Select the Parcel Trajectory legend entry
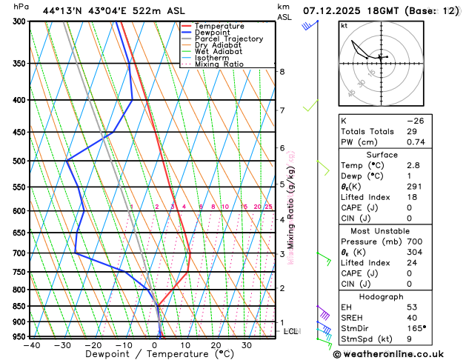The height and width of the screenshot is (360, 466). pyautogui.click(x=228, y=39)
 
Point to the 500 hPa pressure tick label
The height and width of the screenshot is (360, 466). pyautogui.click(x=19, y=161)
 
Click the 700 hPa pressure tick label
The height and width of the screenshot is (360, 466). pyautogui.click(x=19, y=253)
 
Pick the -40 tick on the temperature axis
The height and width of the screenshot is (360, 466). pyautogui.click(x=31, y=345)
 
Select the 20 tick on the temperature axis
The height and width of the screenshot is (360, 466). pyautogui.click(x=216, y=345)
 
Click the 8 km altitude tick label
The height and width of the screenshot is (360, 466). pyautogui.click(x=282, y=71)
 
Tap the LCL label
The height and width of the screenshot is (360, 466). pyautogui.click(x=291, y=331)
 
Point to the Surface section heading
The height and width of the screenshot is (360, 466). pyautogui.click(x=382, y=155)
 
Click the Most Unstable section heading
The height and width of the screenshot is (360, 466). pyautogui.click(x=382, y=231)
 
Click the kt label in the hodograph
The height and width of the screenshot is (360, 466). pyautogui.click(x=344, y=25)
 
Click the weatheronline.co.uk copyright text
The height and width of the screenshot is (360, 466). pyautogui.click(x=399, y=354)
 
